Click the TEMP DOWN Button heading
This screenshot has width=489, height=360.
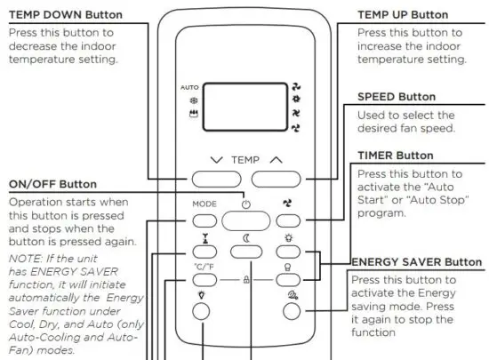tap(66, 14)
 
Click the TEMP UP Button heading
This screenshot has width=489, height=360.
tap(402, 15)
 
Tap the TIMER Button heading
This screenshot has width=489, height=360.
tap(395, 155)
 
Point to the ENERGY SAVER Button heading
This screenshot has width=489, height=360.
tap(417, 261)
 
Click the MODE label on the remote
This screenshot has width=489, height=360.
tap(204, 204)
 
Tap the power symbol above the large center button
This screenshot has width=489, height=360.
tap(245, 202)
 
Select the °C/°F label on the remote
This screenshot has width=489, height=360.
tap(203, 266)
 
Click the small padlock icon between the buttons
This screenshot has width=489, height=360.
tap(246, 279)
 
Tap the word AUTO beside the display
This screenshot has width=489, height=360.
tap(189, 89)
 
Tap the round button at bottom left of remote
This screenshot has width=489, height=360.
tap(203, 311)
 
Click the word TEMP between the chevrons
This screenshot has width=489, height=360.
tap(245, 159)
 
